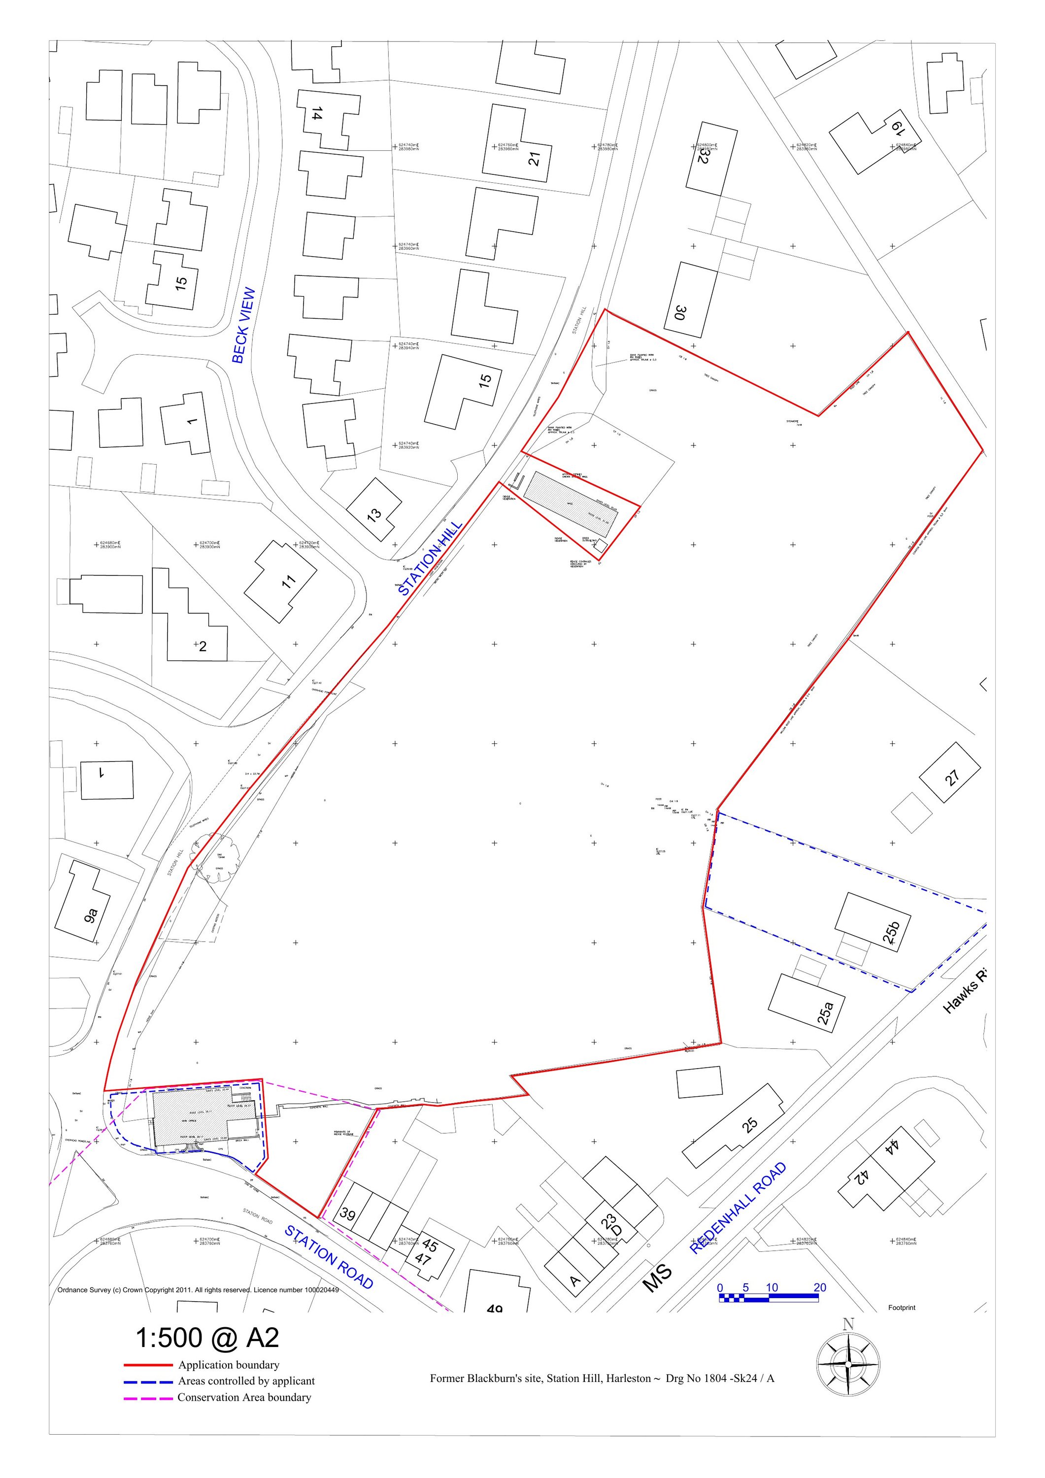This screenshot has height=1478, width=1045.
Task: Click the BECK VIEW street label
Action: pos(243,326)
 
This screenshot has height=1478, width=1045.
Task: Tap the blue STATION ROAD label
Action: pos(329,1257)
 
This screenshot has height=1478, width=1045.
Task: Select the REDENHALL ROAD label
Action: pos(738,1209)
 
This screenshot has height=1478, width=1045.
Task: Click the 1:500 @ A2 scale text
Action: pos(207,1338)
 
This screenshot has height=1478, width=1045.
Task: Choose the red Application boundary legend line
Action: pos(148,1365)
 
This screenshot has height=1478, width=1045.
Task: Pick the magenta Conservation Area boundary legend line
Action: pos(148,1398)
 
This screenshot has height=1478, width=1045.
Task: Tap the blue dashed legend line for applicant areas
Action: pos(148,1381)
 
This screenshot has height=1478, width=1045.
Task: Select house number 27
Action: pos(952,777)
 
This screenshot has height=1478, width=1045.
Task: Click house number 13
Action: pos(374,514)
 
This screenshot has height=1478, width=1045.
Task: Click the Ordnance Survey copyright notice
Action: pos(198,1290)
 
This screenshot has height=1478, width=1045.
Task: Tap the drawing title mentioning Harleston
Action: pos(602,1378)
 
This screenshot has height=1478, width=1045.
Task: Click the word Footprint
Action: pos(902,1308)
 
